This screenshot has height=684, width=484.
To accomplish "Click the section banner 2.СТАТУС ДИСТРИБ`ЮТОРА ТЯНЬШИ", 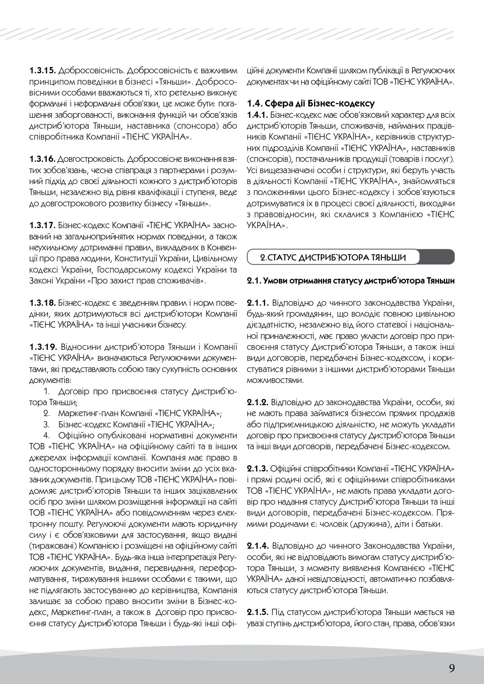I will (334, 258).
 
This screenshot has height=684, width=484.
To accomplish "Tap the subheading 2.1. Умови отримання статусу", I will (351, 281).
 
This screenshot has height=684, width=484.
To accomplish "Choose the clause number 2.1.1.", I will (258, 303).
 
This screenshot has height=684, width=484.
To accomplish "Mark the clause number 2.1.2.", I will (258, 402).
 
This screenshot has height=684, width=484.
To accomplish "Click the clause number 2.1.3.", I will (258, 468).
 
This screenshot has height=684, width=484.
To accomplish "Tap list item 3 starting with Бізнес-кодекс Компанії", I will (136, 424).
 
